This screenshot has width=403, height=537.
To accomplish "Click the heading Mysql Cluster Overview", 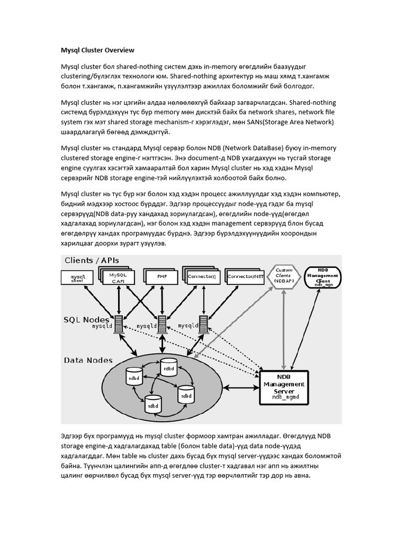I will click(x=98, y=50).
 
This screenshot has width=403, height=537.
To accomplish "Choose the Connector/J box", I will click(x=201, y=276).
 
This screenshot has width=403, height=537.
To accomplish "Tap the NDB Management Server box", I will click(x=284, y=388).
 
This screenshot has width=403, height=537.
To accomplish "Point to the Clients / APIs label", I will click(x=92, y=261).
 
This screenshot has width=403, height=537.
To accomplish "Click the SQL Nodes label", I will click(x=87, y=319).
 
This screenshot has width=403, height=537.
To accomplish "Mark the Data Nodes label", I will click(x=88, y=360).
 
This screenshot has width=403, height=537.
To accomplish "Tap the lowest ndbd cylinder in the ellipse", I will click(x=152, y=404).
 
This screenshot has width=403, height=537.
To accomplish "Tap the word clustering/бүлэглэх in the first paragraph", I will click(x=94, y=77).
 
